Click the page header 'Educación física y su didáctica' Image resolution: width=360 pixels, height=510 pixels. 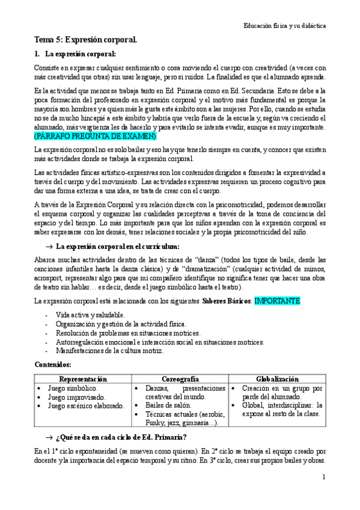tap(284, 26)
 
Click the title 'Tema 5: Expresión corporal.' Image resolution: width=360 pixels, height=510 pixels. tap(86, 40)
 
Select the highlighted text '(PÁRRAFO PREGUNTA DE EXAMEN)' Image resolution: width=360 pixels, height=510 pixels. tap(95, 136)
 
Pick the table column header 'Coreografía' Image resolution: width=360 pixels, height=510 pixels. tap(180, 379)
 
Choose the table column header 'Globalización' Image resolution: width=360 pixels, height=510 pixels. tap(278, 379)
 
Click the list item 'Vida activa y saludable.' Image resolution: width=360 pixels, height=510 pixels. tap(90, 315)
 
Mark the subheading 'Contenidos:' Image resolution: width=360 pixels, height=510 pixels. tap(53, 365)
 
